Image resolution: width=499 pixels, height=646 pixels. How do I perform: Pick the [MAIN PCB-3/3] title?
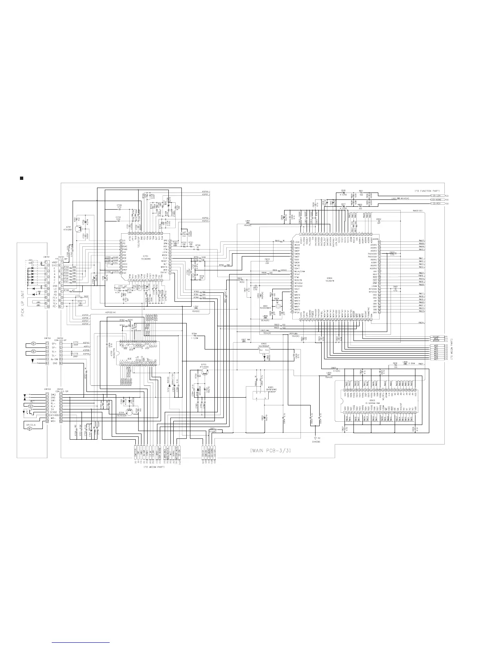(x=270, y=450)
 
